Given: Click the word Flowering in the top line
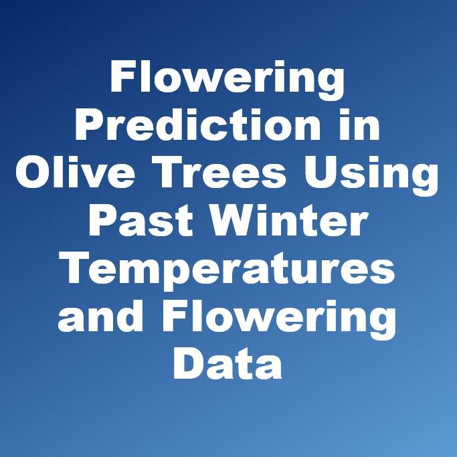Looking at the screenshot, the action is [x=227, y=80].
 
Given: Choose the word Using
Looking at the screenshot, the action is [x=371, y=176].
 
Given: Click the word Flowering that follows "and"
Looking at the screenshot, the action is [x=279, y=319].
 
